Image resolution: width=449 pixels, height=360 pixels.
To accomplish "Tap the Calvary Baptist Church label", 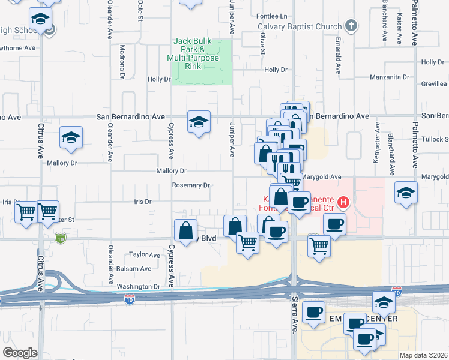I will pyautogui.click(x=300, y=26).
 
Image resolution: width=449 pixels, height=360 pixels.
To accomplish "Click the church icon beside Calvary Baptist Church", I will pyautogui.click(x=351, y=26).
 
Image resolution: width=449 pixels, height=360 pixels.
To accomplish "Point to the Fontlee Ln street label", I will pyautogui.click(x=271, y=16).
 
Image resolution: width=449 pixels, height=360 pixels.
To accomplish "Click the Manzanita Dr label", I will pyautogui.click(x=389, y=77).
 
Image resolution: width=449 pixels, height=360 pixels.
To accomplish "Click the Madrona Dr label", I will pyautogui.click(x=122, y=62).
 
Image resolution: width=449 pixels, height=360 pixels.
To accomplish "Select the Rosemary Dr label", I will pyautogui.click(x=191, y=185).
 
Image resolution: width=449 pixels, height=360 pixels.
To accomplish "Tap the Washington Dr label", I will pyautogui.click(x=138, y=287).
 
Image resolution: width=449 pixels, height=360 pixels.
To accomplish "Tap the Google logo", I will pyautogui.click(x=20, y=353).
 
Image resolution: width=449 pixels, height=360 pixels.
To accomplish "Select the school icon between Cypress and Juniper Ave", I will pyautogui.click(x=199, y=122).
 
